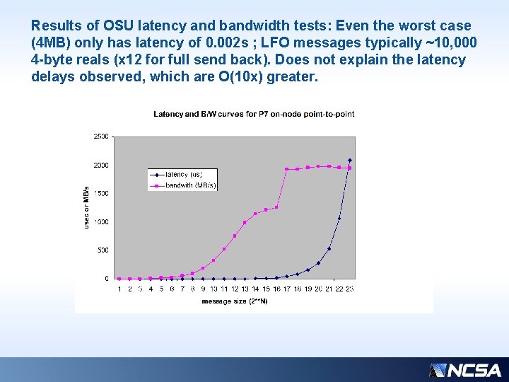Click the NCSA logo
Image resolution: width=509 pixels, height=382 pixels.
(x=465, y=370)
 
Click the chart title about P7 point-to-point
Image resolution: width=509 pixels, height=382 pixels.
(x=254, y=114)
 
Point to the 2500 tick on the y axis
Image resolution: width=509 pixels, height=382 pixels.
(x=101, y=137)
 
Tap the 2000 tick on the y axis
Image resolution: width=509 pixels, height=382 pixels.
(x=101, y=165)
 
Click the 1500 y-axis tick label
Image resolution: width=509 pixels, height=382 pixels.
(x=101, y=193)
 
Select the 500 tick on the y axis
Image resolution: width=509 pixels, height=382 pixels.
(x=103, y=250)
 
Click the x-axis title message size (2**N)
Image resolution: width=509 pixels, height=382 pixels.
(x=234, y=301)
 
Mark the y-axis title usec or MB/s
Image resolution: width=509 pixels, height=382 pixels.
(x=86, y=207)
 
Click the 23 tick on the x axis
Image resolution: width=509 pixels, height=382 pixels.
(x=349, y=289)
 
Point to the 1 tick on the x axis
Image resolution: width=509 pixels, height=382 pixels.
(x=119, y=289)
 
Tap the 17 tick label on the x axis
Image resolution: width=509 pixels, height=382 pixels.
(x=286, y=289)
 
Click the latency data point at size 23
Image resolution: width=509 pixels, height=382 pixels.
(x=349, y=161)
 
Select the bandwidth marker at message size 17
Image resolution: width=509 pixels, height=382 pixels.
(x=286, y=169)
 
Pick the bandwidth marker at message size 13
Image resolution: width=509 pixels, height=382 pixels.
(x=245, y=222)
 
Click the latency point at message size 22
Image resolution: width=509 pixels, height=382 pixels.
(x=339, y=218)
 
